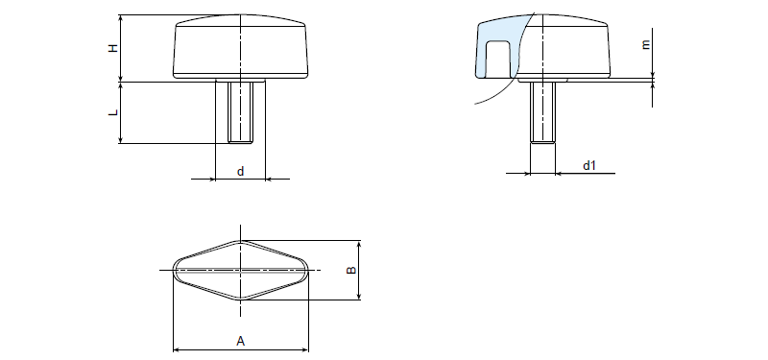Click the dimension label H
tap(113, 48)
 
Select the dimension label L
tap(113, 112)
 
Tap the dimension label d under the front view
tap(240, 172)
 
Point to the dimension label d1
tap(588, 165)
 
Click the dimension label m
tap(646, 44)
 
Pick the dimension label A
tap(241, 341)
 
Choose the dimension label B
tap(351, 270)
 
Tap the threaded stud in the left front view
tap(240, 112)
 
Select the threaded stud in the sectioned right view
tap(542, 112)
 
